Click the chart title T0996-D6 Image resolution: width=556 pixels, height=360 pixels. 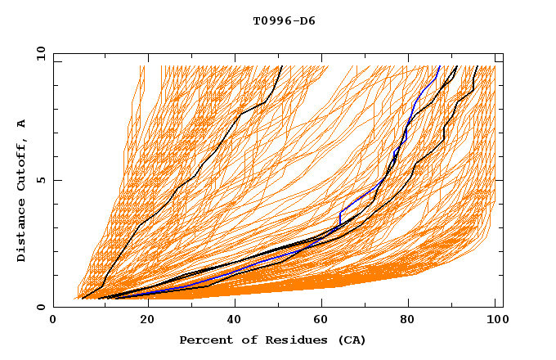[x=284, y=20]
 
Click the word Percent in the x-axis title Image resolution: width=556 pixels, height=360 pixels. [x=205, y=340]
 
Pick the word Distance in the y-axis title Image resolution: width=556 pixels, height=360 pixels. [x=22, y=232]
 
